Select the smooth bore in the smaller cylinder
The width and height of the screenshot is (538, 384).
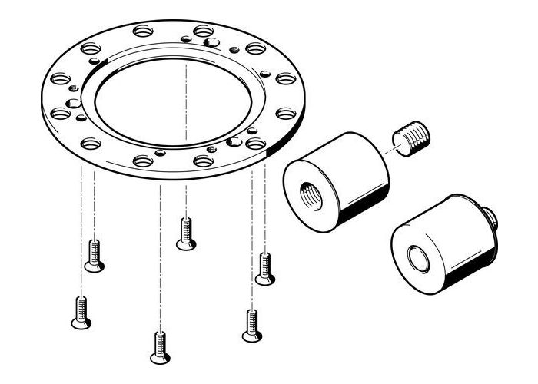[x=420, y=260]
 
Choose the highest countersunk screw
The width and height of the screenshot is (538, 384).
[x=184, y=233]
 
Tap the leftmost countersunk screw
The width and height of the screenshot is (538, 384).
[x=81, y=312]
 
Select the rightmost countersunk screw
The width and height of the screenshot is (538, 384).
[x=265, y=268]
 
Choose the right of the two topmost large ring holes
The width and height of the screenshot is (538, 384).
[x=203, y=31]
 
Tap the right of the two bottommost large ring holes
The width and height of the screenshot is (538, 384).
[x=203, y=161]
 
